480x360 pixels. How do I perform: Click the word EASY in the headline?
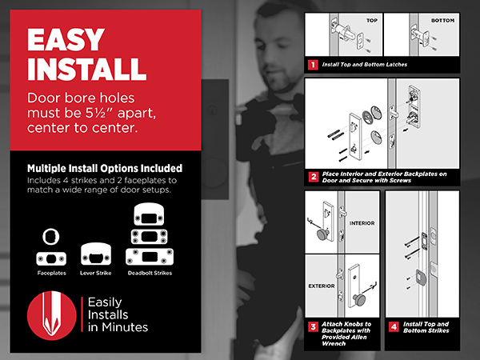pos(66,39)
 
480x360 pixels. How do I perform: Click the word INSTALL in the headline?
pos(86,69)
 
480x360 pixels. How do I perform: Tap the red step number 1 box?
pos(313,65)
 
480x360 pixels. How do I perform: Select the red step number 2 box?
pos(313,177)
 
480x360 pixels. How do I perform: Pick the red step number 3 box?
pos(313,327)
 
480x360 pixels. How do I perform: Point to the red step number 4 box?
pos(394,327)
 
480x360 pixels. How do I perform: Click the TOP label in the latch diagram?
pos(372,21)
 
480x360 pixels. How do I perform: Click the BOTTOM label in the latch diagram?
pos(442,21)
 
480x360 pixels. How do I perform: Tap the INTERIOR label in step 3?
pos(362,223)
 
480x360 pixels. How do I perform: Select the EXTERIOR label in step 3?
pos(322,286)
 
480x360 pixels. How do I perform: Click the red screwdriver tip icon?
pos(51,316)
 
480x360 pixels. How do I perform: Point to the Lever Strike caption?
pos(95,273)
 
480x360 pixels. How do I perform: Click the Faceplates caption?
pos(51,273)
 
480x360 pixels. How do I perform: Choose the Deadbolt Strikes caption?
pos(150,273)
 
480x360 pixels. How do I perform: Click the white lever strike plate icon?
pos(96,254)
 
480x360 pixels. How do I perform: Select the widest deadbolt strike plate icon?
pos(150,257)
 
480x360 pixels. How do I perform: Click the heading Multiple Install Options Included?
pos(105,168)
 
